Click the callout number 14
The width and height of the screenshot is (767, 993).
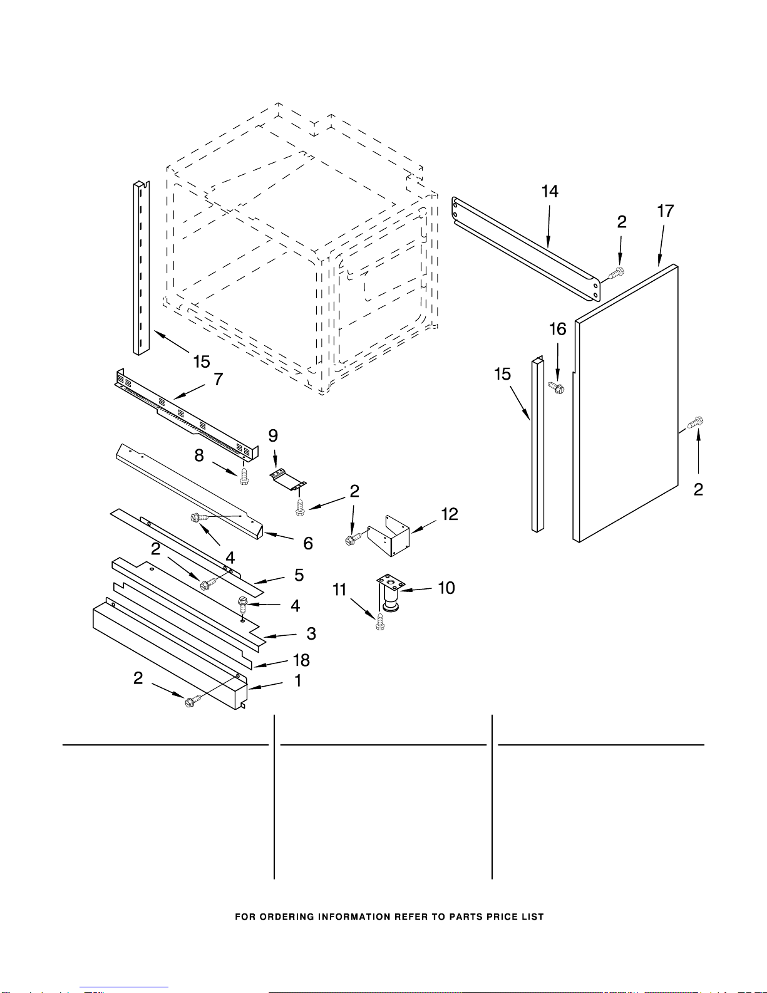pyautogui.click(x=550, y=192)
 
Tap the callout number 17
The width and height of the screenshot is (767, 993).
pyautogui.click(x=665, y=211)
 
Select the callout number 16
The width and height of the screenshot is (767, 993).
pyautogui.click(x=557, y=329)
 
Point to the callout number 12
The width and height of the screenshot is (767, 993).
pyautogui.click(x=450, y=514)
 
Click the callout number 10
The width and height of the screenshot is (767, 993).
pyautogui.click(x=446, y=588)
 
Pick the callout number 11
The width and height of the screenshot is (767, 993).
pyautogui.click(x=339, y=590)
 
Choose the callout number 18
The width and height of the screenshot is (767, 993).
pyautogui.click(x=301, y=660)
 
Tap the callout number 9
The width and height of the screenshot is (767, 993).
pyautogui.click(x=273, y=435)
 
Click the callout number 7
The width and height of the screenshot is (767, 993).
pyautogui.click(x=219, y=379)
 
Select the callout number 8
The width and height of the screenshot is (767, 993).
pyautogui.click(x=199, y=455)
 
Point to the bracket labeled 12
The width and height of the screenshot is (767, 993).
pyautogui.click(x=389, y=536)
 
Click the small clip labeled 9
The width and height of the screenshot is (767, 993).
pyautogui.click(x=287, y=479)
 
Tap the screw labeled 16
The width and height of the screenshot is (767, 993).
pyautogui.click(x=556, y=388)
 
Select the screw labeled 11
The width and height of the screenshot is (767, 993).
pyautogui.click(x=380, y=621)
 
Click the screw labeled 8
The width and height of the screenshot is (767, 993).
pyautogui.click(x=244, y=476)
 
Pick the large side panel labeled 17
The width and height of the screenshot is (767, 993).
pyautogui.click(x=625, y=403)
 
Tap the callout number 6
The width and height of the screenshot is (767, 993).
pyautogui.click(x=308, y=543)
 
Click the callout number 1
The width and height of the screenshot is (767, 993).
pyautogui.click(x=298, y=680)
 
